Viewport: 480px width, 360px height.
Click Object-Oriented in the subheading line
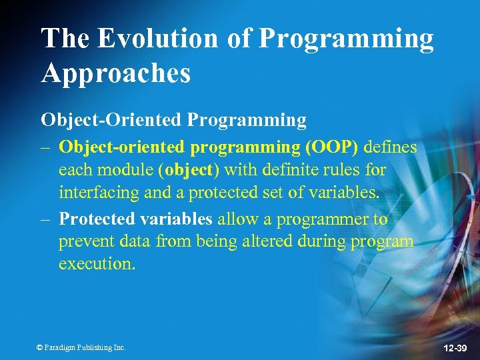pos(111,120)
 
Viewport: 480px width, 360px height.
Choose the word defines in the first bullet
pos(390,147)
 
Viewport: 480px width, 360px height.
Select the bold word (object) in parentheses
pos(189,170)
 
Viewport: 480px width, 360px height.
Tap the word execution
pos(96,264)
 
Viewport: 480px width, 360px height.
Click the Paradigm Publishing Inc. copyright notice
pos(82,347)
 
